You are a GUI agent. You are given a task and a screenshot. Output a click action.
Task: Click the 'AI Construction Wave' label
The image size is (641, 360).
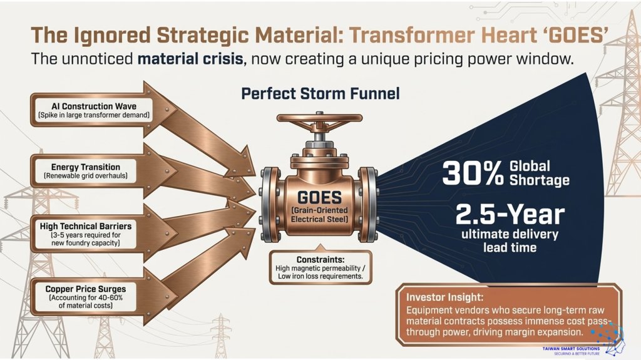[94, 106]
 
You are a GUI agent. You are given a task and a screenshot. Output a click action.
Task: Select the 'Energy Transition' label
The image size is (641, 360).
[86, 167]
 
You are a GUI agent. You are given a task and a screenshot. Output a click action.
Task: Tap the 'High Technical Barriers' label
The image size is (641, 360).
[86, 226]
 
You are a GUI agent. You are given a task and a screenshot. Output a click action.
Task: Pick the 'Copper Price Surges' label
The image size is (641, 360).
[86, 289]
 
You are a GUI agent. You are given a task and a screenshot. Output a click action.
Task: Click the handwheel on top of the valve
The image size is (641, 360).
[320, 118]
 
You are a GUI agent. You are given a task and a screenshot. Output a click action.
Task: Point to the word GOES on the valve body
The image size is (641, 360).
[320, 198]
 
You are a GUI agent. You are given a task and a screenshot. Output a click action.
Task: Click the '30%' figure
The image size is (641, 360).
[473, 173]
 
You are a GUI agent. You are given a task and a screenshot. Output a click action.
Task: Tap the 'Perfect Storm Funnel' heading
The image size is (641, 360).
[320, 94]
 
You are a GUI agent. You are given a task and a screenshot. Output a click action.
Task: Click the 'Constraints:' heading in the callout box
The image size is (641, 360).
[320, 259]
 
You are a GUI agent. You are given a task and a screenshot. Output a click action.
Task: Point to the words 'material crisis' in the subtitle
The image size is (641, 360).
[190, 59]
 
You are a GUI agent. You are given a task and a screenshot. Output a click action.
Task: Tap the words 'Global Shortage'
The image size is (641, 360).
[540, 173]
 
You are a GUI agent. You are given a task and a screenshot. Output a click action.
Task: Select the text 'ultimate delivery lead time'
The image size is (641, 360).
[510, 240]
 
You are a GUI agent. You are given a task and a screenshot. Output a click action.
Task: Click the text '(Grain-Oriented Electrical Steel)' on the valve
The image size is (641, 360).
[320, 215]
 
